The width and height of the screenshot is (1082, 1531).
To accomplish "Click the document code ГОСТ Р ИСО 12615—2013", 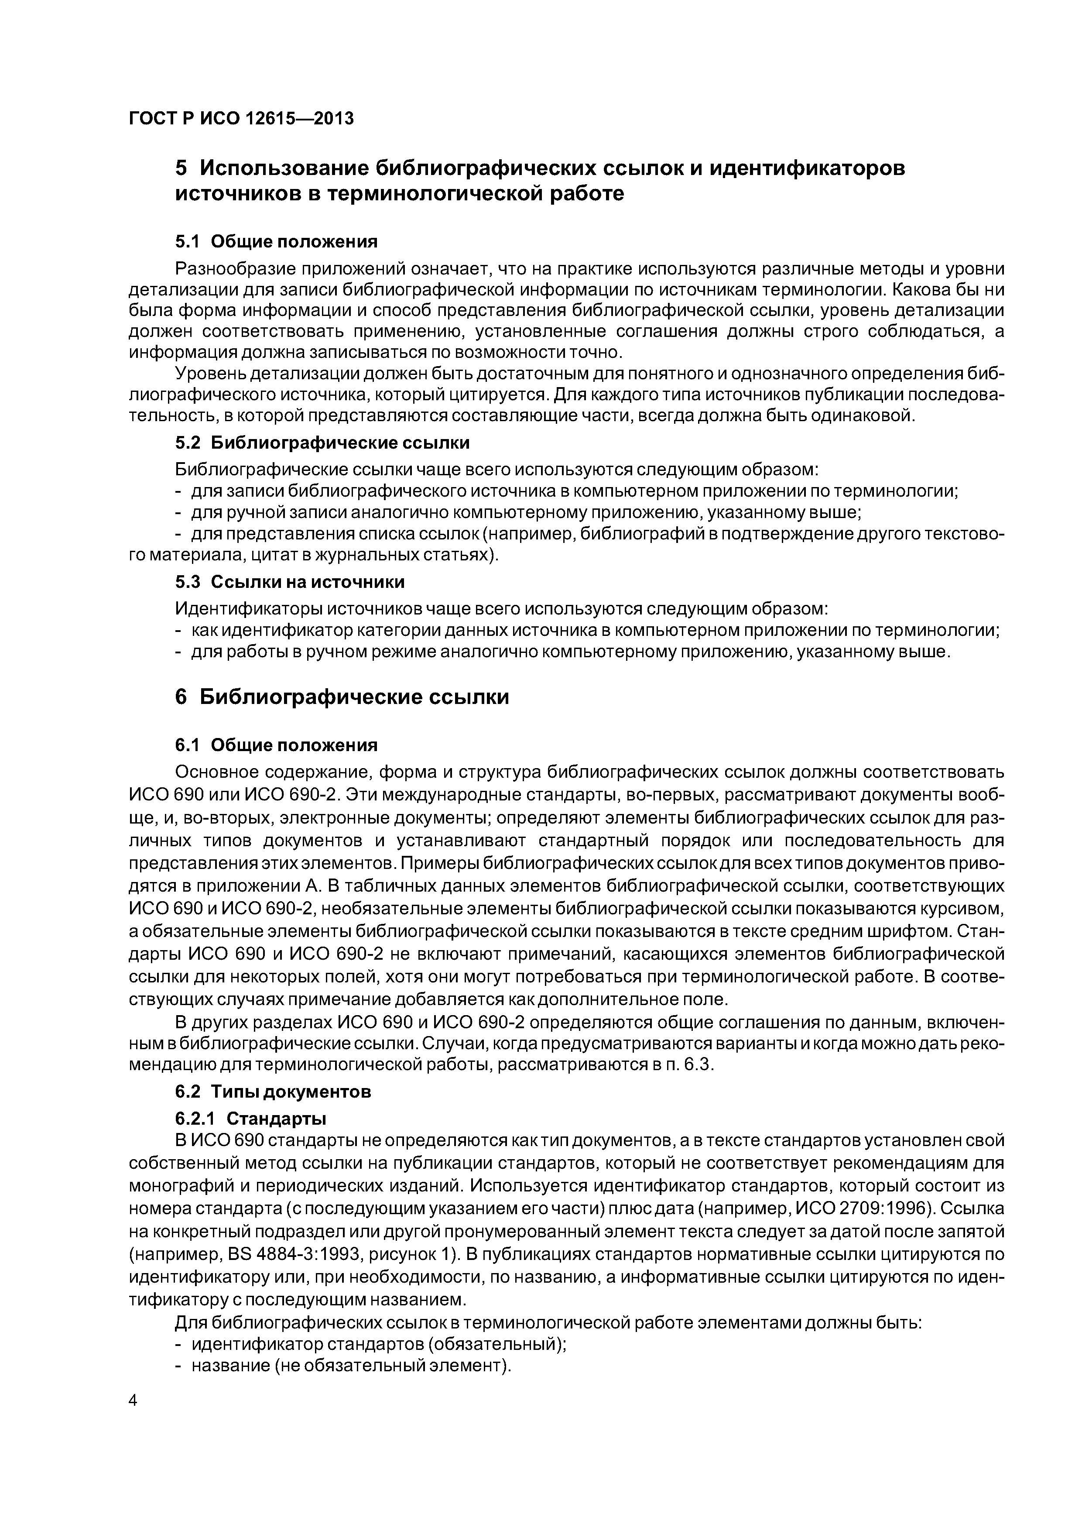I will click(x=241, y=119).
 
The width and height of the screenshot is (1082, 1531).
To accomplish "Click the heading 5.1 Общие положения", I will click(x=276, y=241).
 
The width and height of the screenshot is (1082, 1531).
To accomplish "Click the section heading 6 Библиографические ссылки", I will click(x=342, y=697).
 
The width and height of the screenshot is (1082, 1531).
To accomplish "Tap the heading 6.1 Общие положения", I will click(x=276, y=745).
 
